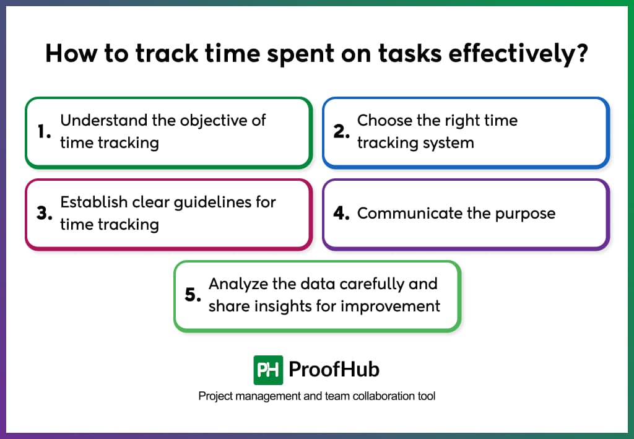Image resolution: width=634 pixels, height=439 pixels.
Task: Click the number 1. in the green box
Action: point(44,132)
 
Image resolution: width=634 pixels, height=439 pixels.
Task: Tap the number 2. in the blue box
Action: point(342,132)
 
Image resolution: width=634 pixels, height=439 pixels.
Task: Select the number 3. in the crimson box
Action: point(44,214)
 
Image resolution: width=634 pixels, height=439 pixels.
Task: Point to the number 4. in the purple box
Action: point(342,214)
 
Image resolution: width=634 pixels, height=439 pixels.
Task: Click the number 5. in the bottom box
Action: point(193,295)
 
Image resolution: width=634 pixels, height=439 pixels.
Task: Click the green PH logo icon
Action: point(268,370)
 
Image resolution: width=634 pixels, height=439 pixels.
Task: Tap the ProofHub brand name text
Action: point(334,370)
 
